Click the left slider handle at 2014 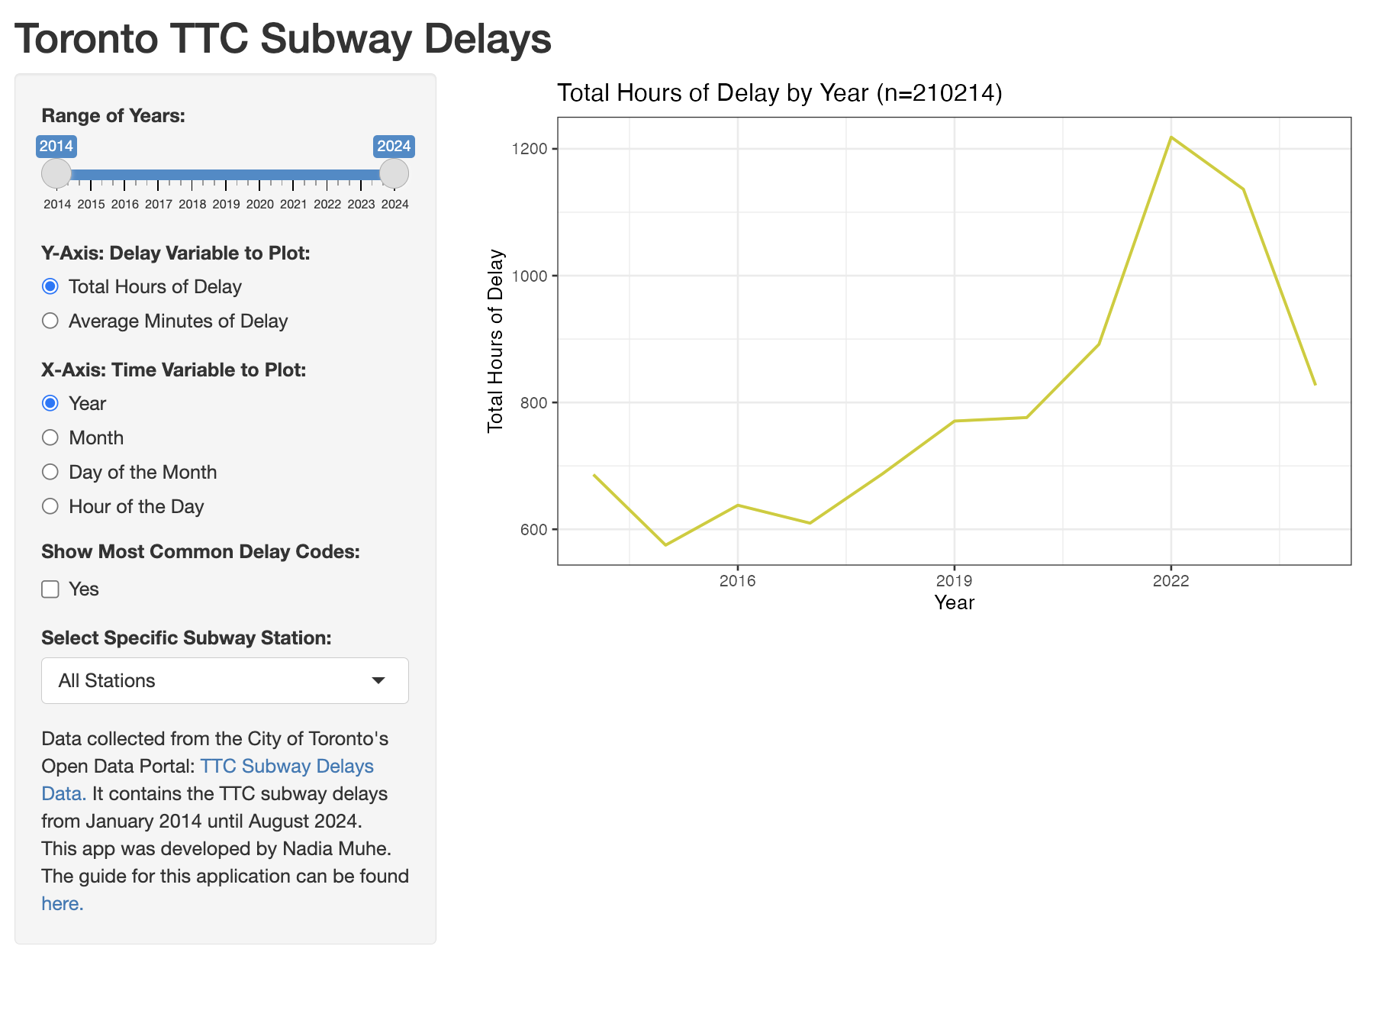coord(56,173)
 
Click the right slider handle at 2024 coord(394,173)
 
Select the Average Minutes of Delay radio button coord(50,321)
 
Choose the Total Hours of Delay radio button coord(50,286)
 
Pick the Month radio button coord(50,437)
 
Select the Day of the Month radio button coord(50,472)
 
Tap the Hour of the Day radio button coord(50,506)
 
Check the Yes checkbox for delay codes coord(50,589)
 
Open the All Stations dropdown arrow coord(378,680)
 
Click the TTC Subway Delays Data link coord(286,767)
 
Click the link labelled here coord(62,904)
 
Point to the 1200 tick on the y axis coord(530,149)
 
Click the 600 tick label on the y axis coord(533,530)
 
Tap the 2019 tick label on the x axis coord(954,581)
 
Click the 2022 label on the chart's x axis coord(1171,581)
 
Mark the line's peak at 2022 coord(1171,137)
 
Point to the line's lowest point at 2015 coord(665,544)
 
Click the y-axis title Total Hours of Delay coord(496,341)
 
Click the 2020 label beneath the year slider coord(259,205)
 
